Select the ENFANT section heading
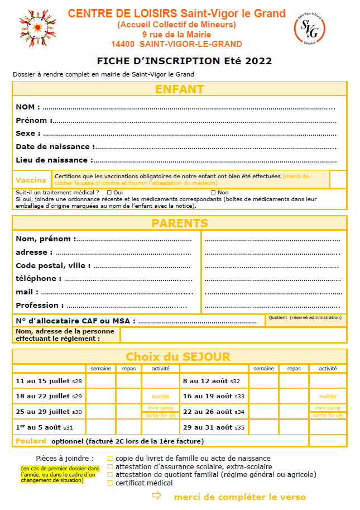179,89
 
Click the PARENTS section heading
179,223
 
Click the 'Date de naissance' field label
53,147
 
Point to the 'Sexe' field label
28,134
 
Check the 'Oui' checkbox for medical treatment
109,193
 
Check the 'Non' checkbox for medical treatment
213,193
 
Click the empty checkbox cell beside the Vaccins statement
338,179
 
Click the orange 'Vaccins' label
31,180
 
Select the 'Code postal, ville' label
50,266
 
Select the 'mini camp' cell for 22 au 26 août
327,408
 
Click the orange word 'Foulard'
31,441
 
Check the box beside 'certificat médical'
110,483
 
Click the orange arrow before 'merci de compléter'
157,495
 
